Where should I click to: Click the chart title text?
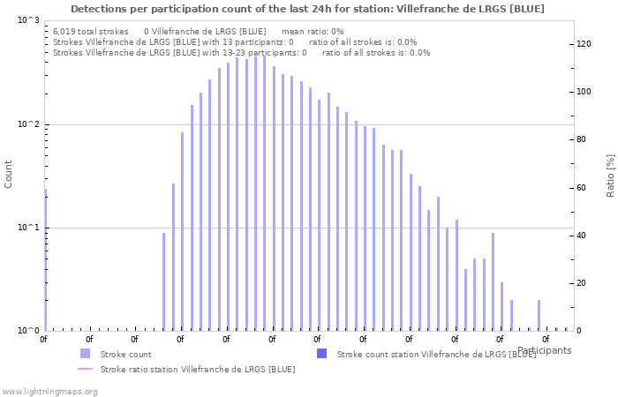(x=307, y=9)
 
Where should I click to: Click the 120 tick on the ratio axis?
(x=584, y=44)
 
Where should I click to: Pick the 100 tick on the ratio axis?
(x=584, y=92)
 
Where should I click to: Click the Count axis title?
(x=9, y=174)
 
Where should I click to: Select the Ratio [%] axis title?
(x=610, y=175)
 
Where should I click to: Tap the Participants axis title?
(x=544, y=350)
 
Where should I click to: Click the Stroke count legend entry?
(x=125, y=354)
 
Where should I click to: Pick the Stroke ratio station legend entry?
(x=198, y=369)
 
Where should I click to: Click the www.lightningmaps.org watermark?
(x=49, y=391)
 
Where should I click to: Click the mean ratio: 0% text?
(x=312, y=32)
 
